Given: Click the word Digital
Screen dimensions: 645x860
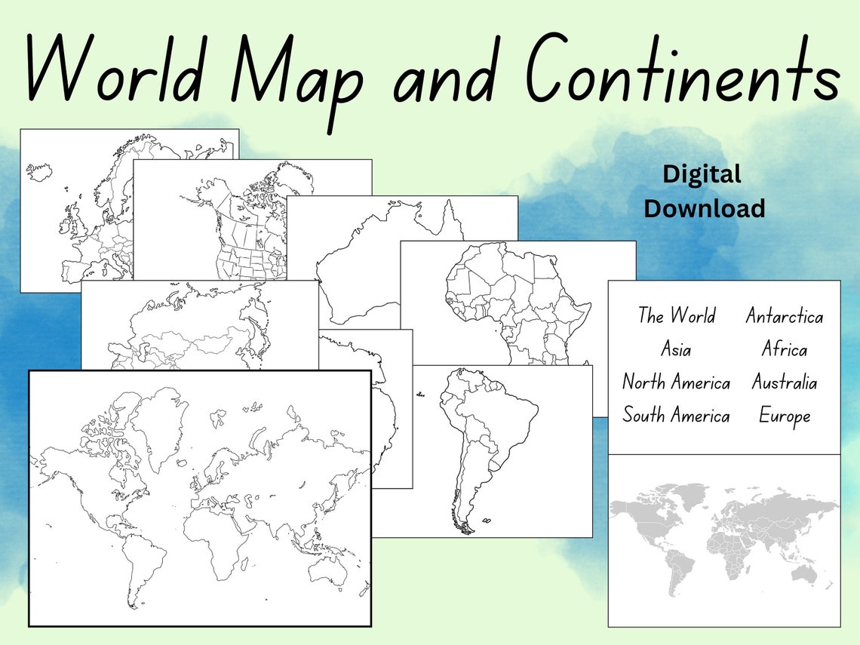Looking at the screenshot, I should click(702, 174).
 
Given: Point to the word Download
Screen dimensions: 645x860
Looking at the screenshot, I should click(704, 208).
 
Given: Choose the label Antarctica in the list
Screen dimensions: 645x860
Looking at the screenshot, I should click(784, 316).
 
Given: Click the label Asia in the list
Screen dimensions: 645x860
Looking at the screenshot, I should click(675, 349).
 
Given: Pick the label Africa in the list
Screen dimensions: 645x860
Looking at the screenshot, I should click(784, 349).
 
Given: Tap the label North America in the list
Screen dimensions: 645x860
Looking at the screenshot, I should click(676, 382).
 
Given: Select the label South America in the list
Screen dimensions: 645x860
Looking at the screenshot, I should click(676, 416).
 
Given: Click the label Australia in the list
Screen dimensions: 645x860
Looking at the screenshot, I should click(784, 382).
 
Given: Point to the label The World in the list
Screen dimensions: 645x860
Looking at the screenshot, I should click(676, 315).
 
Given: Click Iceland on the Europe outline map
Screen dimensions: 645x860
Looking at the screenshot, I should click(39, 171).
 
